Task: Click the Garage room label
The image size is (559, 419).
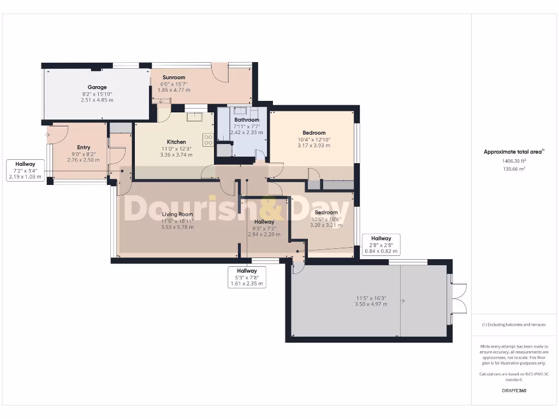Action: (x=97, y=87)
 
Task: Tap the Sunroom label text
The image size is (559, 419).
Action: (x=174, y=77)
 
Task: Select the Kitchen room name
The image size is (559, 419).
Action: (x=176, y=142)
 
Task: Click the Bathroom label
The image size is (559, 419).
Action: (x=246, y=119)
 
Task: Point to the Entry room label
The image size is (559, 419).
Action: (x=84, y=147)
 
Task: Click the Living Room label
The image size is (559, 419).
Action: (x=177, y=214)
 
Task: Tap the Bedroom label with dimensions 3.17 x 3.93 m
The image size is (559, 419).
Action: (x=314, y=133)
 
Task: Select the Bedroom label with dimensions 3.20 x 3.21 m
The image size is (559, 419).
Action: (x=326, y=212)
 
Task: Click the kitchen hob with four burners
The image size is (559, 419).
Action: (x=208, y=140)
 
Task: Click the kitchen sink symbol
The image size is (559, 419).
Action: (x=194, y=116)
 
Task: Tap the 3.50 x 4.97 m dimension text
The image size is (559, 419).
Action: (x=372, y=304)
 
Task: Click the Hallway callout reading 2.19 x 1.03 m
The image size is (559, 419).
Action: (x=25, y=170)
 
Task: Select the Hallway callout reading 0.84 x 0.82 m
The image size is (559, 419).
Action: (x=381, y=245)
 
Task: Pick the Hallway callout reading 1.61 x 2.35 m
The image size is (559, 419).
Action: (x=247, y=277)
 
